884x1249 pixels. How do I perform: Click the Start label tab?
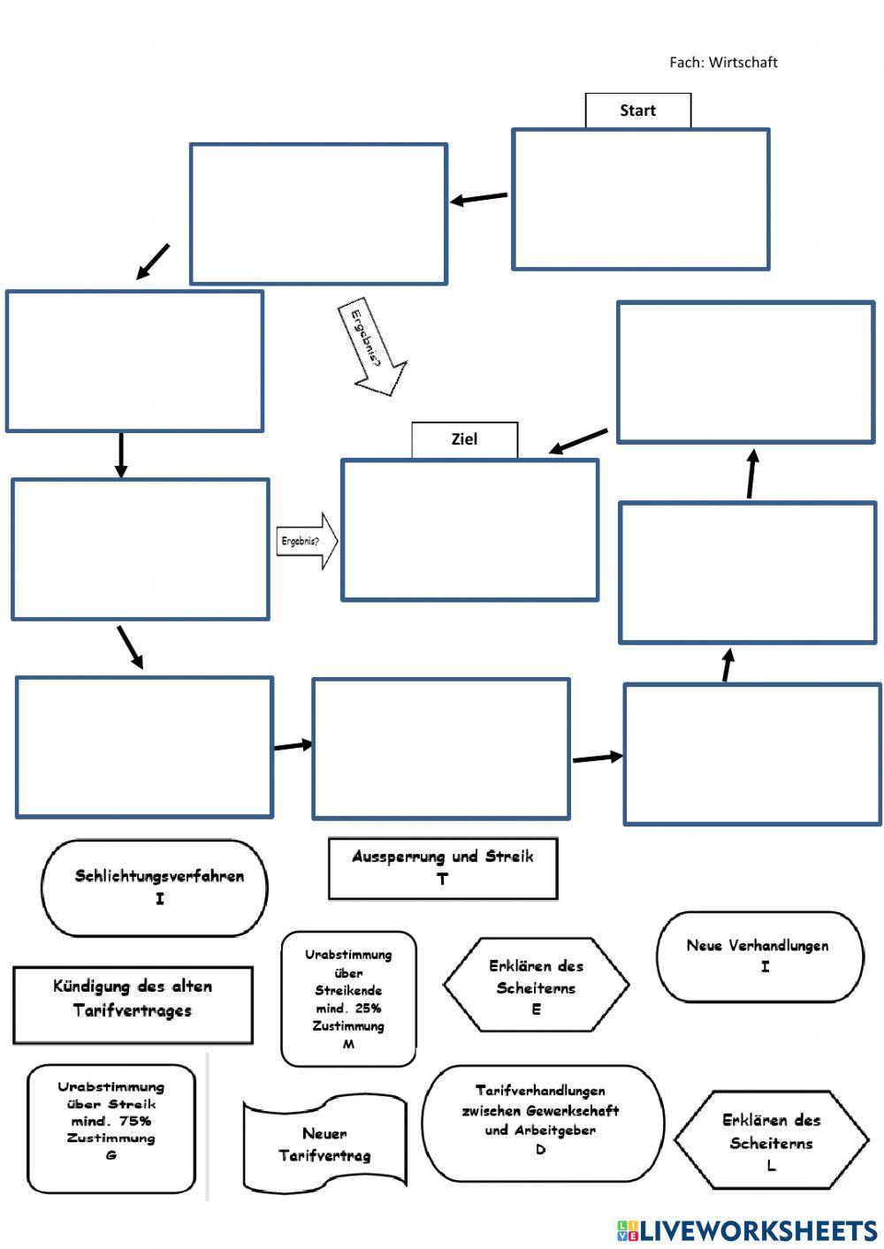click(x=637, y=110)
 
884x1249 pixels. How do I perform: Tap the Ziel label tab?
click(x=464, y=439)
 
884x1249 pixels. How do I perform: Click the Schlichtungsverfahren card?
click(x=155, y=887)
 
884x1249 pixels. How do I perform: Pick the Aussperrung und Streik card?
click(x=443, y=868)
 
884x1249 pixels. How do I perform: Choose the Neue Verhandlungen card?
click(x=759, y=956)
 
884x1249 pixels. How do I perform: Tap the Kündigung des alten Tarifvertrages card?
click(x=133, y=1004)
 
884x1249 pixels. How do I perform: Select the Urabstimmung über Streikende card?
click(x=348, y=999)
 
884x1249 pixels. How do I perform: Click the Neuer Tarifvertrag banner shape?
click(x=324, y=1145)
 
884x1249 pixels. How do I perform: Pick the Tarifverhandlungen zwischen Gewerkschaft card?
click(x=542, y=1122)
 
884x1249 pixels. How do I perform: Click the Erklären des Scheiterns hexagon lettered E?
click(x=536, y=986)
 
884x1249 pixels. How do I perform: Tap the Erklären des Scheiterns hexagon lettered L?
click(x=772, y=1140)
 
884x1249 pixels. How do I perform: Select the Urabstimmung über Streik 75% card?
click(x=111, y=1128)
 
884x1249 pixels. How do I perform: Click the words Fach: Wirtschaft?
click(x=723, y=62)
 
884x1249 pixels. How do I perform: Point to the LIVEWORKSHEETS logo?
click(x=747, y=1230)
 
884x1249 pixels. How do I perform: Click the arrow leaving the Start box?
click(x=479, y=198)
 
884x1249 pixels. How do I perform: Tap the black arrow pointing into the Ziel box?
click(x=579, y=441)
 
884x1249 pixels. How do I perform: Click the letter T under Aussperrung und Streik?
click(x=443, y=880)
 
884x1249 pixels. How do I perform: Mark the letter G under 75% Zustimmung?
click(x=111, y=1155)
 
